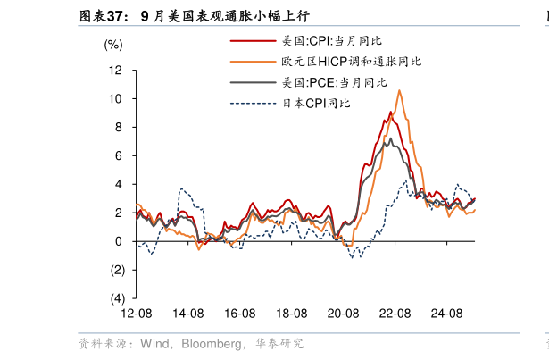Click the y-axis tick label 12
tap(116, 70)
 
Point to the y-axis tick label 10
tap(116, 98)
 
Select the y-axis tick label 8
tap(119, 127)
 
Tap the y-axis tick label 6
tap(119, 155)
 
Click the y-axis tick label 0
tap(119, 241)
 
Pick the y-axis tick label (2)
tap(116, 270)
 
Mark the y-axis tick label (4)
tap(116, 298)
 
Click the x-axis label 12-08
tap(137, 314)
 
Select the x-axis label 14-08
tap(188, 314)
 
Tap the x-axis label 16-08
tap(240, 314)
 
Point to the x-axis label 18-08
tap(292, 314)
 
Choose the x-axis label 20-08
tap(344, 314)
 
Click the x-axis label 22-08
tap(395, 314)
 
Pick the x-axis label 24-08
tap(446, 314)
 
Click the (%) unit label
tap(113, 43)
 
